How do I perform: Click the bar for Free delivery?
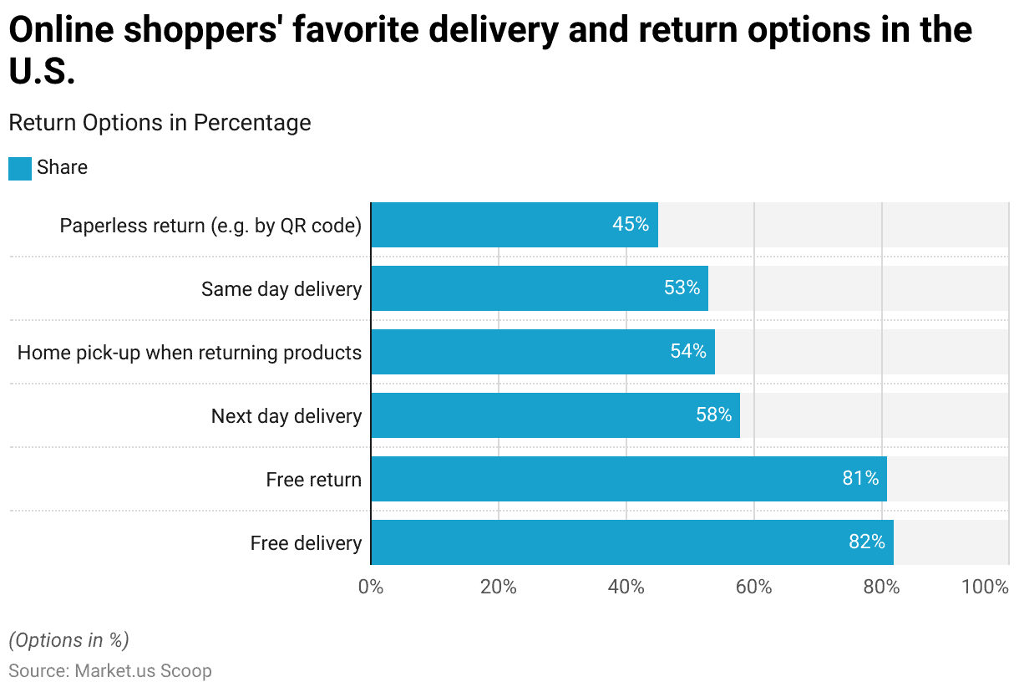point(631,542)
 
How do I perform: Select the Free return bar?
point(628,479)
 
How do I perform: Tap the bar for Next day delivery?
point(555,415)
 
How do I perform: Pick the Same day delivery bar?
point(539,288)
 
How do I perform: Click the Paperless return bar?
point(514,225)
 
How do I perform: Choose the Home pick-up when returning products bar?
point(542,352)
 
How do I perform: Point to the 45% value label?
point(630,224)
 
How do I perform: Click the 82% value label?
point(866,542)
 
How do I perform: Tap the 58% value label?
point(713,415)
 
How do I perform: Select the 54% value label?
point(687,351)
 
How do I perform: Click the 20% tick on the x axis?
point(499,587)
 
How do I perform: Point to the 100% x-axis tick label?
point(985,587)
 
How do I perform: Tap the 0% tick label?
point(371,587)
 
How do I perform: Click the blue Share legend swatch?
point(20,168)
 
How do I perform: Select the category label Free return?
point(313,480)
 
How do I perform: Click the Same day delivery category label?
point(281,289)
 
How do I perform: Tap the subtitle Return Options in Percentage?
point(160,123)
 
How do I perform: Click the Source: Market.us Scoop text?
point(110,671)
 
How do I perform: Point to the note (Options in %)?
point(68,640)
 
